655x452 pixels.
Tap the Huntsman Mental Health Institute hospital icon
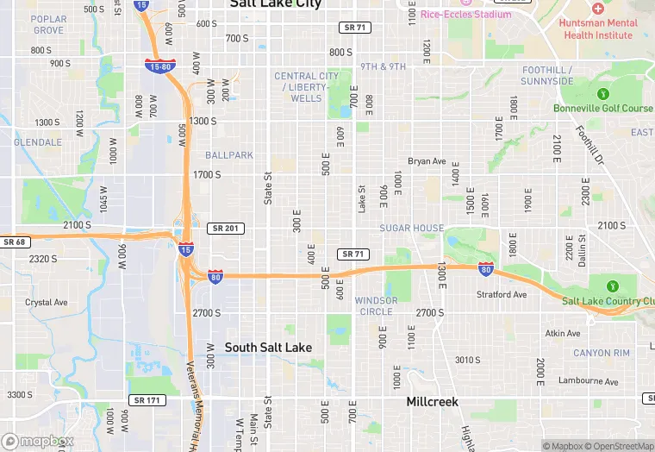(x=597, y=8)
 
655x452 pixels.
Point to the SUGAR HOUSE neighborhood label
(x=412, y=228)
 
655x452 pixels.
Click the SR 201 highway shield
(x=227, y=228)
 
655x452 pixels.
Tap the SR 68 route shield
(x=15, y=242)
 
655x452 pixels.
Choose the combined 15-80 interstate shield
(x=161, y=66)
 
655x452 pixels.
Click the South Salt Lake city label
(x=268, y=347)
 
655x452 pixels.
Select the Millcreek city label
(x=433, y=402)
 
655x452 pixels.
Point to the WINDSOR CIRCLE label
(x=375, y=306)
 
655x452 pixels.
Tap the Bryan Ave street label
(x=427, y=161)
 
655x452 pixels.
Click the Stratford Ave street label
(x=502, y=294)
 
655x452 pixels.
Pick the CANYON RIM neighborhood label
(x=602, y=353)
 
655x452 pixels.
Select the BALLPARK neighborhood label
(x=229, y=155)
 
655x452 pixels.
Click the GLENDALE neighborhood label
(x=38, y=141)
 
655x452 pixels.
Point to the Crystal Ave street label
(x=47, y=303)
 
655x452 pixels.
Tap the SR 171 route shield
(x=147, y=400)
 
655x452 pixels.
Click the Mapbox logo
(x=38, y=441)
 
